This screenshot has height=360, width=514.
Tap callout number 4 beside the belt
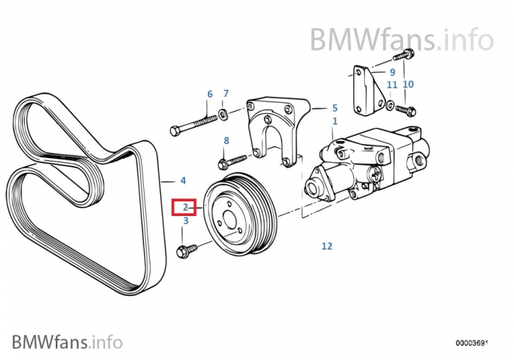[183, 180]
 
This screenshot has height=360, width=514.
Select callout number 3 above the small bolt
[186, 220]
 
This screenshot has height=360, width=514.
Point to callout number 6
[209, 94]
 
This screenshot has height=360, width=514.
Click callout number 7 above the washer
[225, 93]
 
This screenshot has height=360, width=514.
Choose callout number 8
[226, 140]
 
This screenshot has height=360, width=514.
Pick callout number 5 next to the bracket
[334, 107]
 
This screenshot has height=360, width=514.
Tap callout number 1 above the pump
[335, 120]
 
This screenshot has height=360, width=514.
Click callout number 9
[393, 72]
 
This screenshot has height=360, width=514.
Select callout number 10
[408, 84]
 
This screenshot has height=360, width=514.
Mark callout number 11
[391, 84]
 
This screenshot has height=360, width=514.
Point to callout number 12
[327, 246]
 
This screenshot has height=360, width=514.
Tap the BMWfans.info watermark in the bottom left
[66, 341]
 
